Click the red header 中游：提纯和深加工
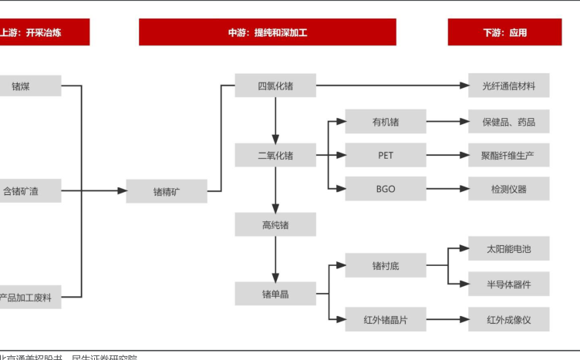[267, 32]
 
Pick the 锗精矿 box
[167, 191]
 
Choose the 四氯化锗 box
[275, 86]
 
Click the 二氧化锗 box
[275, 156]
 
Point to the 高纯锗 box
[275, 225]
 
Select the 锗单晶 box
[275, 294]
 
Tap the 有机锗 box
[386, 122]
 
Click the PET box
[386, 155]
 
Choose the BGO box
[386, 189]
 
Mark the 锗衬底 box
[386, 266]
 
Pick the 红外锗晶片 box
[386, 318]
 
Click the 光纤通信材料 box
[509, 86]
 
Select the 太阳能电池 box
[509, 249]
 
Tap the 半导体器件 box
[509, 284]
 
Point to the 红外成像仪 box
[509, 318]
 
